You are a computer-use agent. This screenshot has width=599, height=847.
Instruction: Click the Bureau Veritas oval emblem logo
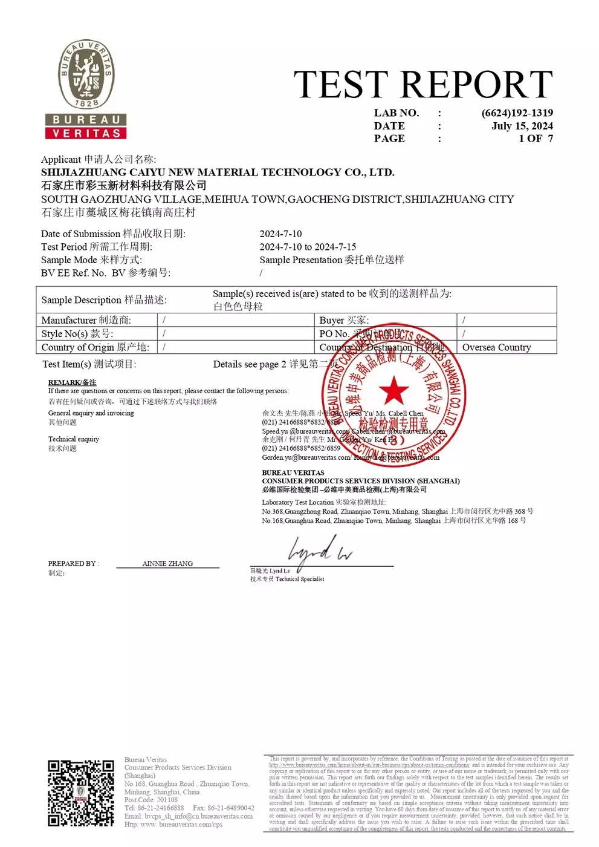(x=86, y=75)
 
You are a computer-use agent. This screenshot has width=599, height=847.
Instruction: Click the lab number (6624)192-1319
(x=517, y=113)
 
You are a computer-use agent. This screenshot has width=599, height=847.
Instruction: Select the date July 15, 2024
(x=522, y=126)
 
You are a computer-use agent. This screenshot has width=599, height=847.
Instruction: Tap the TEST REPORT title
(x=423, y=84)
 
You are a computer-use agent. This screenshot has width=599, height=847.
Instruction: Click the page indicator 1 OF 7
(x=535, y=139)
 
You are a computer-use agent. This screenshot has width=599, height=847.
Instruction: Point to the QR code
(x=81, y=793)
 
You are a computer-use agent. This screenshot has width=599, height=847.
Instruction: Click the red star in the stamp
(x=394, y=390)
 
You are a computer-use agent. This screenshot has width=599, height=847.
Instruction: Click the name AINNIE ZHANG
(x=167, y=563)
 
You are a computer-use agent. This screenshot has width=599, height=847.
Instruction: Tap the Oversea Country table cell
(x=496, y=347)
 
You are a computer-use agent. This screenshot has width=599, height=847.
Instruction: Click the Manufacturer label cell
(x=86, y=320)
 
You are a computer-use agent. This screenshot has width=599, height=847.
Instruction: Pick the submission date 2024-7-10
(x=280, y=234)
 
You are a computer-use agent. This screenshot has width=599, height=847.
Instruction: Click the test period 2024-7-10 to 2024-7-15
(x=308, y=247)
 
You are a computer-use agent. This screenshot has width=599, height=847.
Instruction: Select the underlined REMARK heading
(x=72, y=382)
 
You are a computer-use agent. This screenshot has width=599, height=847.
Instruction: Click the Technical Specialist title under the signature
(x=299, y=579)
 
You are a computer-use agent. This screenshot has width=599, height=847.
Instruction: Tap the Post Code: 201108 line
(x=151, y=800)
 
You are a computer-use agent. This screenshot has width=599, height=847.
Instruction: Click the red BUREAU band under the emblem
(x=86, y=120)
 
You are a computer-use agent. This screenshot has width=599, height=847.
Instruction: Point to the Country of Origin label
(x=95, y=347)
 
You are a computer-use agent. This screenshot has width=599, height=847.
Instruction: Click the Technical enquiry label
(x=74, y=439)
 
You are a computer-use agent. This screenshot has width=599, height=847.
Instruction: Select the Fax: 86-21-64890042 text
(x=223, y=808)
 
